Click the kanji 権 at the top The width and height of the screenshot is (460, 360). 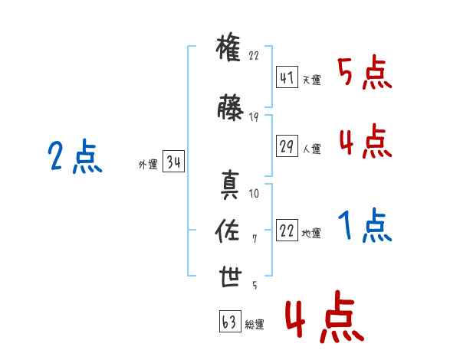[x=228, y=47]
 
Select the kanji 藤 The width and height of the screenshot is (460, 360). [x=230, y=107]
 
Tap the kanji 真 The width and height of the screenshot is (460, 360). [x=230, y=185]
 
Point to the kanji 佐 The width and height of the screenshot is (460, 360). [x=228, y=231]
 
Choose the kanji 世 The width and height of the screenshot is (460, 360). [x=231, y=277]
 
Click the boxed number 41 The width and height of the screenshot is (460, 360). [x=287, y=77]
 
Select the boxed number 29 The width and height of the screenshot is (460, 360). [x=287, y=146]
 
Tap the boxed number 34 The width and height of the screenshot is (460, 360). [x=173, y=161]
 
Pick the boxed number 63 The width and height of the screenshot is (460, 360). [x=230, y=321]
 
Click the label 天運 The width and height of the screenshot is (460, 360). [x=312, y=80]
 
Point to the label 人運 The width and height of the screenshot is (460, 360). [x=312, y=149]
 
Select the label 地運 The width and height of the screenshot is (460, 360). [x=311, y=233]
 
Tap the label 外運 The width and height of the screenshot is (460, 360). [x=148, y=165]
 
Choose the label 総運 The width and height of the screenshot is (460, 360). [x=255, y=324]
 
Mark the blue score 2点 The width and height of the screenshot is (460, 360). [x=75, y=156]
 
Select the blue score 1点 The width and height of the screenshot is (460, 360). [x=365, y=225]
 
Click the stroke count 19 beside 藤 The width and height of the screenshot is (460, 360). [x=254, y=117]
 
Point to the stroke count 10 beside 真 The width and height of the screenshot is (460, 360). [x=254, y=194]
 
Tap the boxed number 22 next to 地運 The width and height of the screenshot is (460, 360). [x=287, y=230]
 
